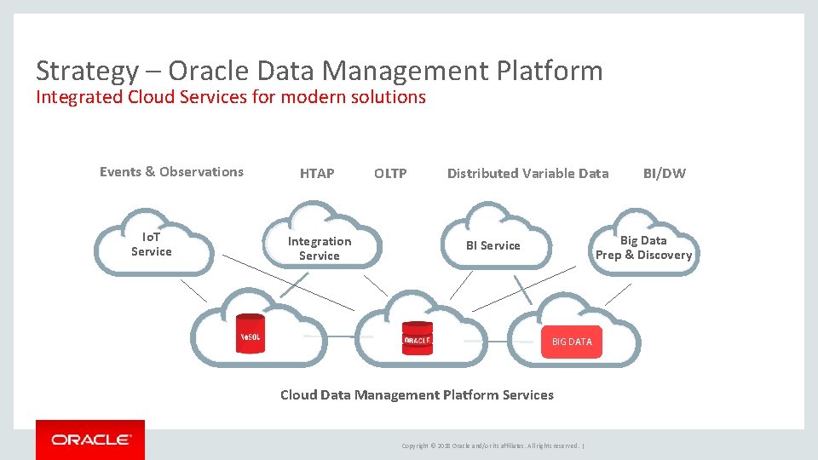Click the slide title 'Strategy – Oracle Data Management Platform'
pos(319,71)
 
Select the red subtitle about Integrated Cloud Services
pos(230,97)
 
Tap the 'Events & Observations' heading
pos(171,172)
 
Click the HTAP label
pos(317,174)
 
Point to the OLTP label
pos(390,174)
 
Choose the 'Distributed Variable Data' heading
pos(527,174)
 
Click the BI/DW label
pos(664,174)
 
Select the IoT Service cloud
pos(152,244)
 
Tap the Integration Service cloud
pos(320,248)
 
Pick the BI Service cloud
pos(493,245)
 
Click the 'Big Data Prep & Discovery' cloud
pos(643,247)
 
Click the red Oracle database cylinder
pos(418,338)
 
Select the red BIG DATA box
pos(571,342)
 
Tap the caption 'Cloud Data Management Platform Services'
pos(417,395)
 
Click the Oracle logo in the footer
pos(90,440)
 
